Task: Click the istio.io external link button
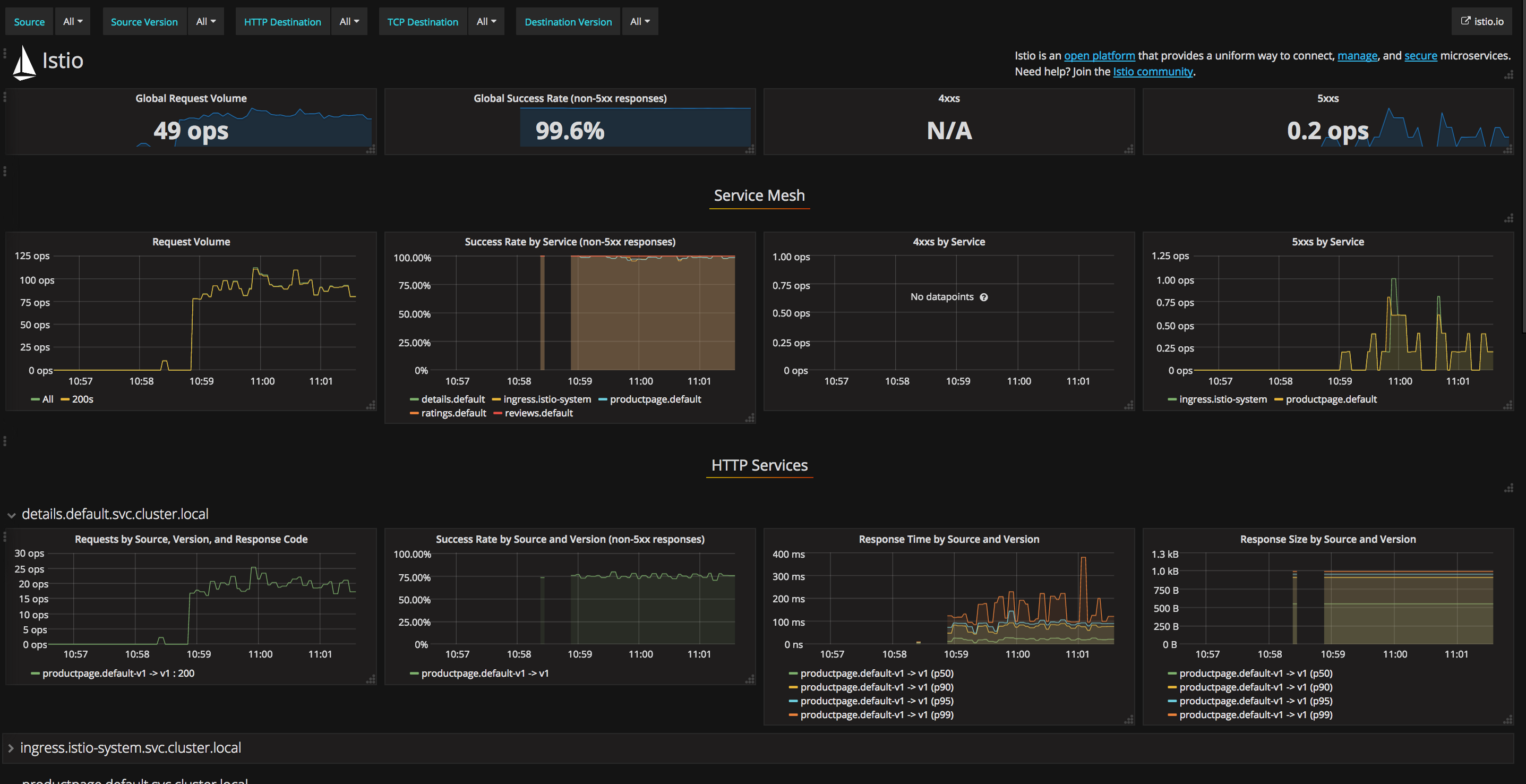pos(1481,21)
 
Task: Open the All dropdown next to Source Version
pos(205,21)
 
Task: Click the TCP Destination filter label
pos(422,22)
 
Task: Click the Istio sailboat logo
pos(24,63)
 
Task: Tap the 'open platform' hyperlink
pos(1099,56)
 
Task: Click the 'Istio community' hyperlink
pos(1152,72)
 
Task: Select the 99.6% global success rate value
pos(569,130)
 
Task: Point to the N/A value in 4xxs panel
pos(949,130)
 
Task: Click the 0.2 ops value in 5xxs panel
pos(1327,130)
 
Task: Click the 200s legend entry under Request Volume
pos(82,399)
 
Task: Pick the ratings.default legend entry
pos(453,413)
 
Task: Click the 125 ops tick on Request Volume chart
pos(32,256)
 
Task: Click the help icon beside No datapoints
pos(983,297)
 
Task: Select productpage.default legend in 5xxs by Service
pos(1331,399)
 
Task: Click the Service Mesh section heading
pos(759,195)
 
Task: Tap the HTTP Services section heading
pos(759,465)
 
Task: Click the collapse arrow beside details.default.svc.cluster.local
pos(11,515)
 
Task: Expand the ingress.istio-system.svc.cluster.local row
pos(11,748)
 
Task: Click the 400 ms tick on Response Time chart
pos(788,554)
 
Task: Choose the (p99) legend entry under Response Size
pos(1255,714)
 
